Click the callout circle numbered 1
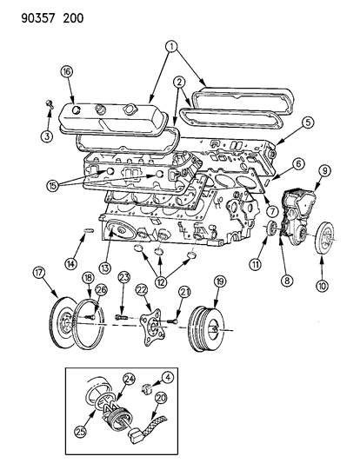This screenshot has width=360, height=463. click(172, 44)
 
